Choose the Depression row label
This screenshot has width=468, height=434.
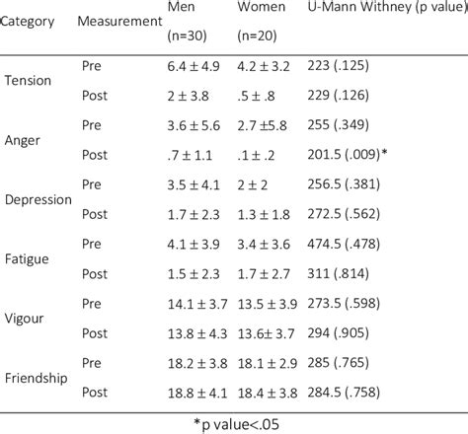(x=38, y=198)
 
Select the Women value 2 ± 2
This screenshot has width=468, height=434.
(x=259, y=183)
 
